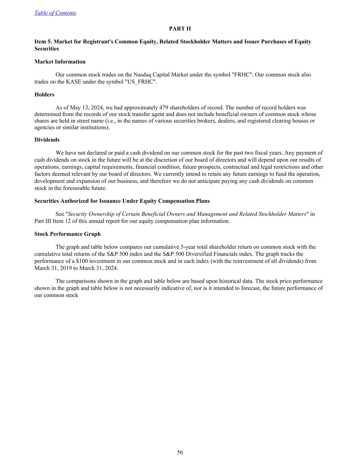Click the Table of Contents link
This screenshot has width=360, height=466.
[x=55, y=13]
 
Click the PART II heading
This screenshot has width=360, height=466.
[x=180, y=29]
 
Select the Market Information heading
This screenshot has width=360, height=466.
[x=60, y=62]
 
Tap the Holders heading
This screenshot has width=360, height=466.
[x=44, y=95]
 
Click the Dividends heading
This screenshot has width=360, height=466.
[x=47, y=140]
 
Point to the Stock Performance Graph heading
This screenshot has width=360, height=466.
[x=67, y=234]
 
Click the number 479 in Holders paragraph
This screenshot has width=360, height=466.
[x=164, y=108]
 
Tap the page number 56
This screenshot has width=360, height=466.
[x=180, y=452]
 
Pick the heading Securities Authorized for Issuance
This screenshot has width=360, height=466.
[x=122, y=201]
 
